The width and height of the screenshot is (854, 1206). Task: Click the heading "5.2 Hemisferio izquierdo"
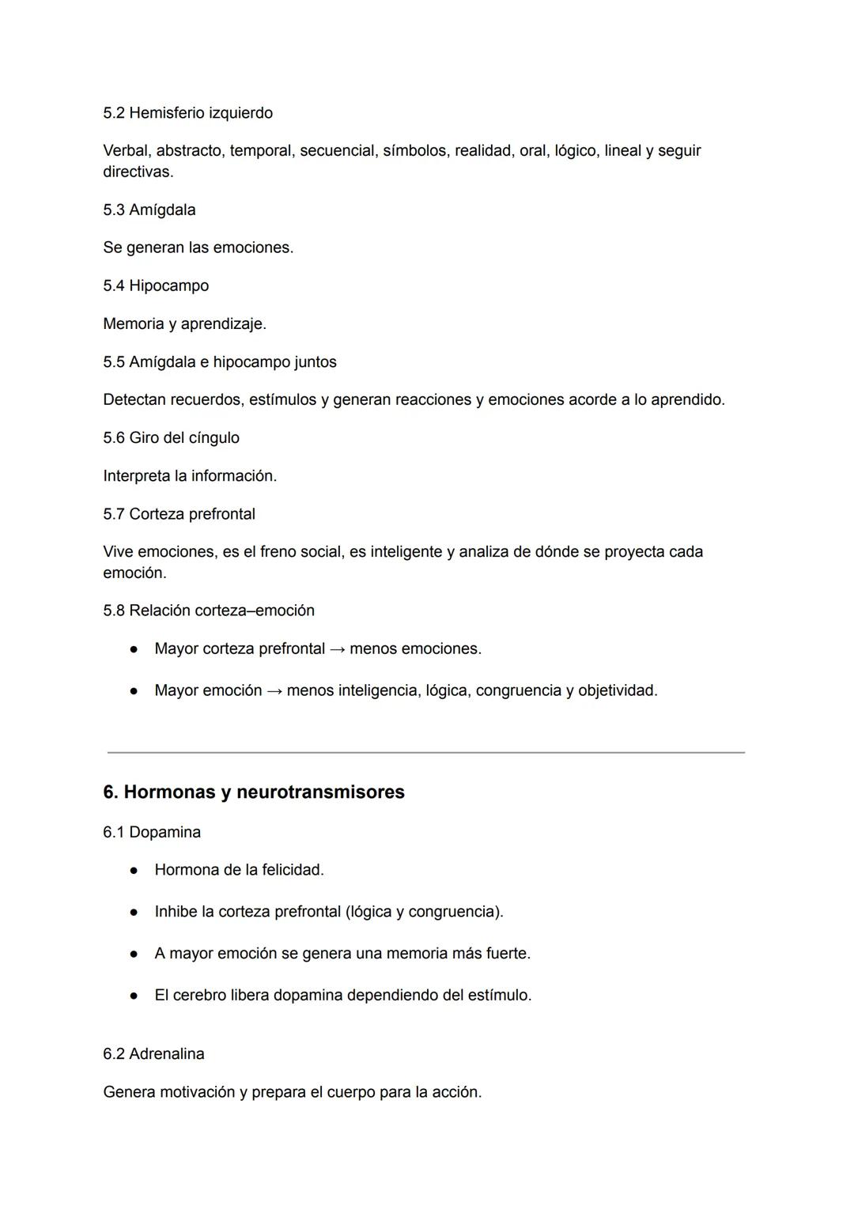pyautogui.click(x=187, y=113)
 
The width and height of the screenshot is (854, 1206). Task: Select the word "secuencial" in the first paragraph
pyautogui.click(x=336, y=151)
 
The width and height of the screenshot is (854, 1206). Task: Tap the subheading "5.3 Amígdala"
pyautogui.click(x=149, y=210)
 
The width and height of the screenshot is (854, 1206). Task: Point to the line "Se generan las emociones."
pyautogui.click(x=198, y=248)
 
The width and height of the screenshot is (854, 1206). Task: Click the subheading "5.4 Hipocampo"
pyautogui.click(x=156, y=286)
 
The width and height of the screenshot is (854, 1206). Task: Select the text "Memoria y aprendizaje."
pyautogui.click(x=184, y=324)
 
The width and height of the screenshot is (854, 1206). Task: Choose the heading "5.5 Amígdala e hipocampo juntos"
pyautogui.click(x=219, y=362)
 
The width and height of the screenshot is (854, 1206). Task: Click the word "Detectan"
pyautogui.click(x=134, y=400)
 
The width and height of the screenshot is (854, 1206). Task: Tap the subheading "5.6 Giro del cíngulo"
pyautogui.click(x=171, y=438)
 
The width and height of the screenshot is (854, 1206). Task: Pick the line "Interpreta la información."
pyautogui.click(x=190, y=476)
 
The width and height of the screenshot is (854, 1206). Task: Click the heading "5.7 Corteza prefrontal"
pyautogui.click(x=179, y=515)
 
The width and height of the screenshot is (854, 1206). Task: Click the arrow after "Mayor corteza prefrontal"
pyautogui.click(x=337, y=649)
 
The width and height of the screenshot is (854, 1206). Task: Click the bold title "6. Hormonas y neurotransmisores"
pyautogui.click(x=253, y=792)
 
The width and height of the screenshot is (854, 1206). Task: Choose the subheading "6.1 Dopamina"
pyautogui.click(x=152, y=833)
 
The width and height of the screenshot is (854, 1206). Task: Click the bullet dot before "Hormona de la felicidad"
pyautogui.click(x=134, y=871)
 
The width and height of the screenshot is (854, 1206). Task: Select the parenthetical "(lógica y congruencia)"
pyautogui.click(x=423, y=913)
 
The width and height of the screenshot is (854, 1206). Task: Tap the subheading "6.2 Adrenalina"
pyautogui.click(x=153, y=1054)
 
